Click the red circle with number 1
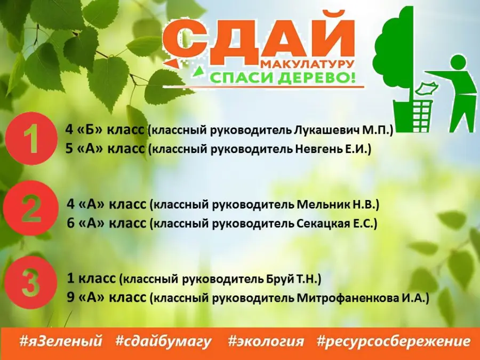31,139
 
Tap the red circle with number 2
31,209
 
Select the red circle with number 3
31,283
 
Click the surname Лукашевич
327,130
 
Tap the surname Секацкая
323,223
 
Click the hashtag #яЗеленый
60,341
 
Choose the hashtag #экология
266,341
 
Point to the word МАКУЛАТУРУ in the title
308,64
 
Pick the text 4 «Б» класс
105,130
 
